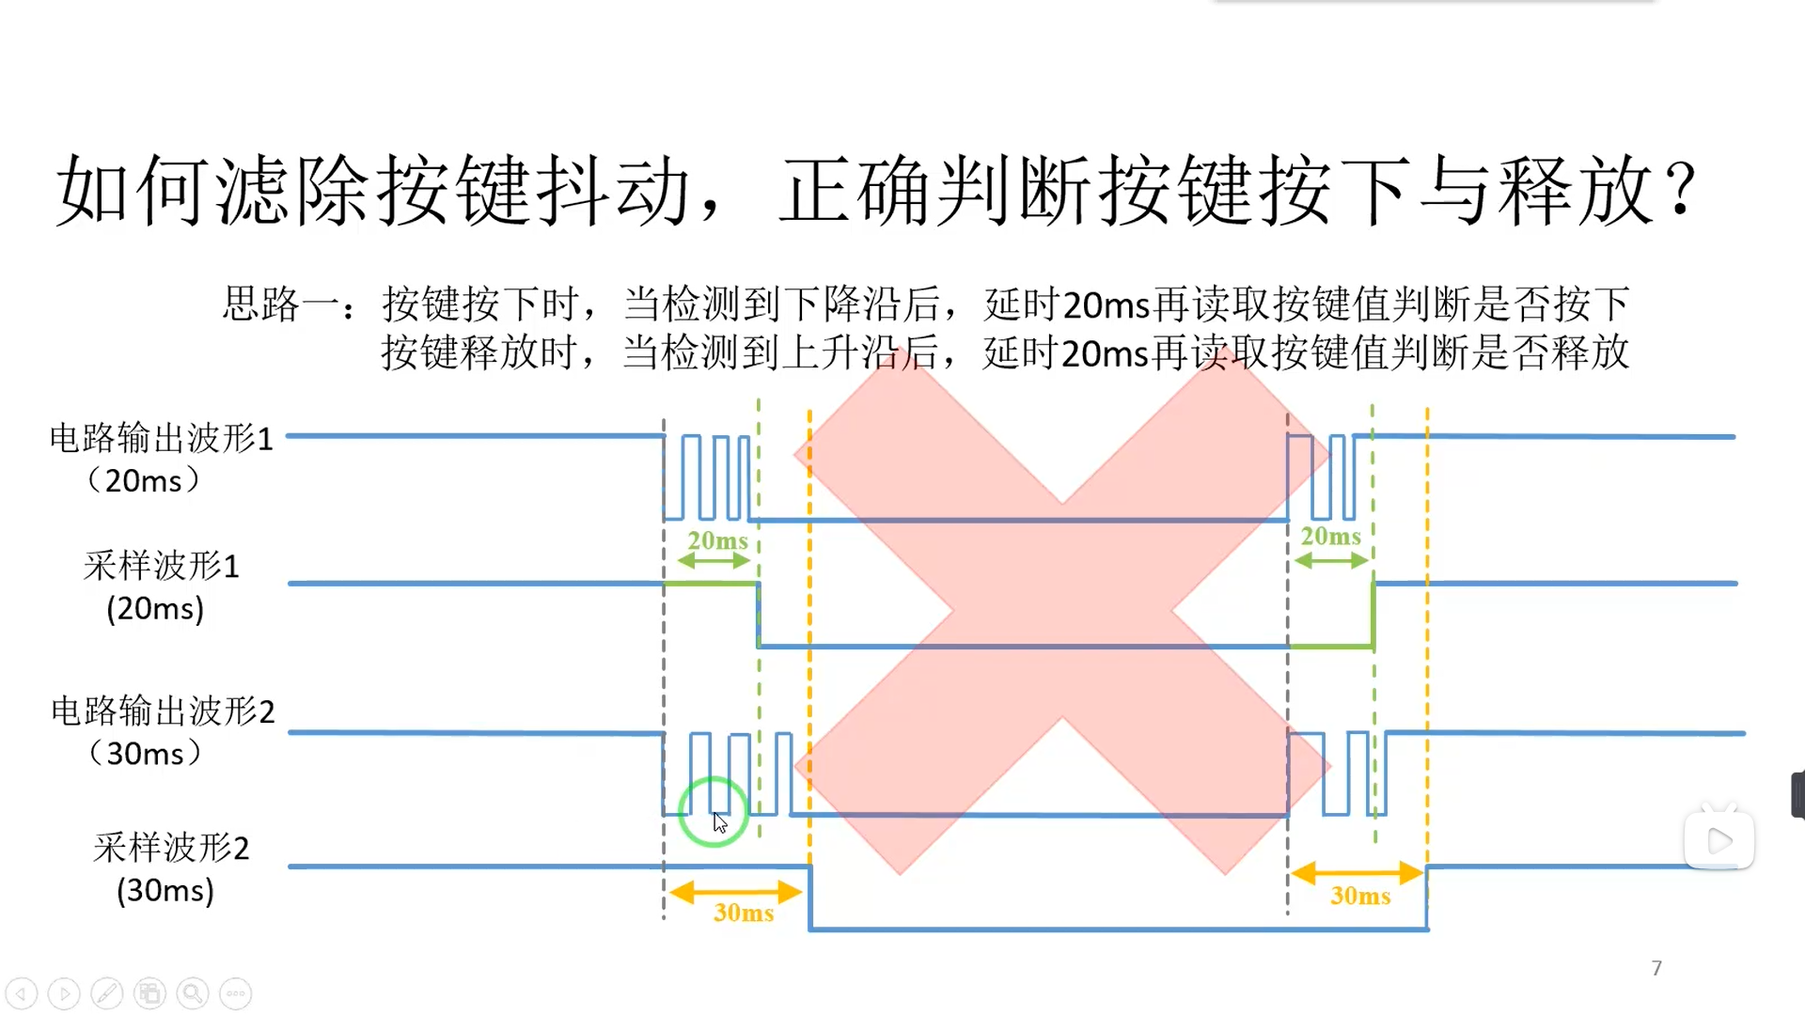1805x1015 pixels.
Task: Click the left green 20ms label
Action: coord(717,540)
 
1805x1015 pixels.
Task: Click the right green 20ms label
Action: coord(1330,536)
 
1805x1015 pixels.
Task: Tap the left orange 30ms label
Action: coord(744,913)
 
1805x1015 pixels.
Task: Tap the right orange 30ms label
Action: coord(1360,896)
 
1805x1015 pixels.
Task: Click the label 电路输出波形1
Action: coord(161,438)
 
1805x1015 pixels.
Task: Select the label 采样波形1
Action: coord(161,566)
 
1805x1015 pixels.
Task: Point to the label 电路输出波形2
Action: coord(163,710)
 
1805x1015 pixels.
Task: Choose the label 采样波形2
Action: coord(171,848)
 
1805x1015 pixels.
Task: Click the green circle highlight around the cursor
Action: coord(714,811)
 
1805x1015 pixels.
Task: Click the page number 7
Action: coord(1656,968)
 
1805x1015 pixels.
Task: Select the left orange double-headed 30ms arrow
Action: coord(735,891)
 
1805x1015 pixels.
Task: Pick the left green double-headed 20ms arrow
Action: coord(714,561)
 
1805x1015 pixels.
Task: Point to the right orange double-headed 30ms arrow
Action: coord(1357,873)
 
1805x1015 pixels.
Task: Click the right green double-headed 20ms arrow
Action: coord(1331,561)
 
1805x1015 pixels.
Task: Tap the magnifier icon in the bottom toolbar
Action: coord(193,993)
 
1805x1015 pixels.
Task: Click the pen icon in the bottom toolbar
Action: coord(107,993)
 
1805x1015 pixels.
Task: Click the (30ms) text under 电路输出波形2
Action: coord(145,753)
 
